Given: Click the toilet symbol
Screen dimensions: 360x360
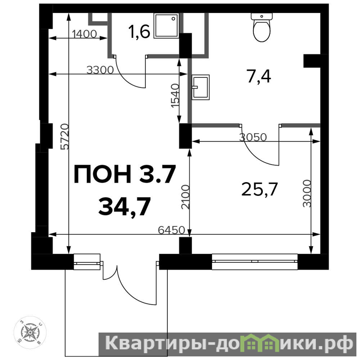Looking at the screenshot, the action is pos(262,27).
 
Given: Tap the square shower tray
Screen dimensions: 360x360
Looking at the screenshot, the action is pos(166,25).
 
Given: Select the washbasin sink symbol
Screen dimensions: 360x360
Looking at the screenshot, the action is pos(201,87).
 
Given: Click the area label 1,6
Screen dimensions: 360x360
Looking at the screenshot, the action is pos(139,31).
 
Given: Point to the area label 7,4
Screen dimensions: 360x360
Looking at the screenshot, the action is pos(259,76).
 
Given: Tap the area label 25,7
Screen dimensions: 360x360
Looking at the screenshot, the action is pos(260,189).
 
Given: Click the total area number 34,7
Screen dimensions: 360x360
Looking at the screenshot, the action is pos(125,206).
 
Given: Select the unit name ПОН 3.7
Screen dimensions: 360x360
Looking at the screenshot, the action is pos(125,174).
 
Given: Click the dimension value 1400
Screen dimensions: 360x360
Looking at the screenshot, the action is pos(85,34).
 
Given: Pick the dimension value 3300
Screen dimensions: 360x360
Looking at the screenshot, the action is pos(100,70).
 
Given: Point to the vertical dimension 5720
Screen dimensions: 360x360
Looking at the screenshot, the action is pos(64,137).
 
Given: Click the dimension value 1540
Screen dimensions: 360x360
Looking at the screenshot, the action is pos(175,96).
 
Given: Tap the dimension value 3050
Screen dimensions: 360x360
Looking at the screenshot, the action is pos(253,137).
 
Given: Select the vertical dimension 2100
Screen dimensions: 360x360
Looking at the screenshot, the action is pos(185,197).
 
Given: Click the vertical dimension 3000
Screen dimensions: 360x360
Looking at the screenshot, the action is pos(307,193).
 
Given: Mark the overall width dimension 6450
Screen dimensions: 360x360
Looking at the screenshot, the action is pos(171,230).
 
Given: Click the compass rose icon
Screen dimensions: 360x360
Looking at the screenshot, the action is pos(30,332).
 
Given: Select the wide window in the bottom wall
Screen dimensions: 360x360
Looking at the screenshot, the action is pos(255,261).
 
